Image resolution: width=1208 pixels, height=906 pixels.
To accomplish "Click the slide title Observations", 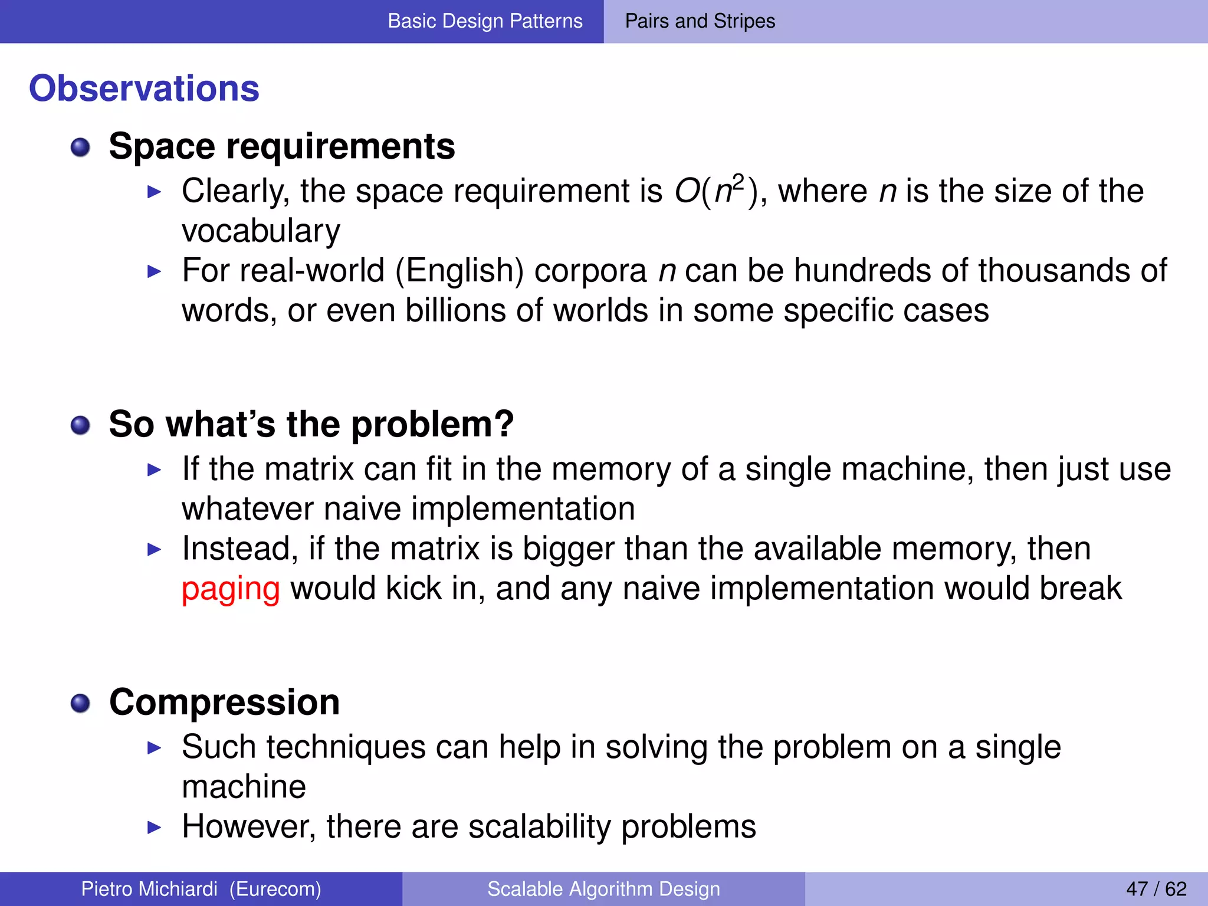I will (x=144, y=88).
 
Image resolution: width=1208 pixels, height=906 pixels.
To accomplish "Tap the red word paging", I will (x=231, y=589).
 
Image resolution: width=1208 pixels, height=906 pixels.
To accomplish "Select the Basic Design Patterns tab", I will (x=485, y=21).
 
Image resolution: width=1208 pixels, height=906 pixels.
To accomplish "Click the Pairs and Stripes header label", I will (x=700, y=21).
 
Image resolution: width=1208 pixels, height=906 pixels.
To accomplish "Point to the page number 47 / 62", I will (x=1156, y=889).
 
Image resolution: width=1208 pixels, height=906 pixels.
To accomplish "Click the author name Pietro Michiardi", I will (x=149, y=889).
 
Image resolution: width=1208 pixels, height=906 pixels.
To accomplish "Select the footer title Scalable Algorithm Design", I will (x=603, y=889).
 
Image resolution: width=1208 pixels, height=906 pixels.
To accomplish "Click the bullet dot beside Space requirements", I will (x=80, y=147).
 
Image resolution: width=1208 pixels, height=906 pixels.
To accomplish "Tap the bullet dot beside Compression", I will (x=80, y=703).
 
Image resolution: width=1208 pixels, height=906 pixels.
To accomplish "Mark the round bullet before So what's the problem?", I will (x=80, y=425).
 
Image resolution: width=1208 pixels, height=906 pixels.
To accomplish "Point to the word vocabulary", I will (x=261, y=231).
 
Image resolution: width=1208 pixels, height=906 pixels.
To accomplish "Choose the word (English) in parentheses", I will (x=459, y=271).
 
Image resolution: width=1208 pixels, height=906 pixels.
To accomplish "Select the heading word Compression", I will (x=224, y=703).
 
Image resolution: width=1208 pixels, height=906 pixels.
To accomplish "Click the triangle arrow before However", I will (x=154, y=827).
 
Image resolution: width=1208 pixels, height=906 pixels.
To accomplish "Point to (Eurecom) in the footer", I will (x=275, y=889).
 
